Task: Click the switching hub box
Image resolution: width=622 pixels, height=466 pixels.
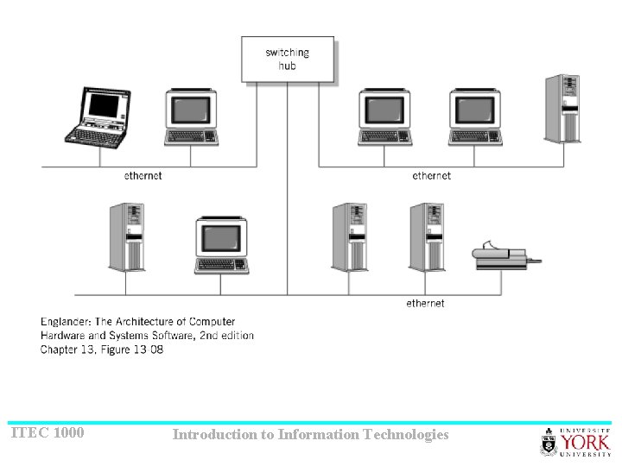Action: click(x=287, y=59)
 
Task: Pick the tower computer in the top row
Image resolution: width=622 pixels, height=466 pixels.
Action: click(x=562, y=109)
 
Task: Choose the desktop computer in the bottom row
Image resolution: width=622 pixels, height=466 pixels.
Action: click(x=221, y=245)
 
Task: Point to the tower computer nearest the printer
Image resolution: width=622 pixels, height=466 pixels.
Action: click(x=427, y=237)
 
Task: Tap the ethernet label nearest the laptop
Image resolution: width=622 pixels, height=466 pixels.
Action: click(x=143, y=176)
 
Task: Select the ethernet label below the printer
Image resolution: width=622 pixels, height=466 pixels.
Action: click(x=425, y=303)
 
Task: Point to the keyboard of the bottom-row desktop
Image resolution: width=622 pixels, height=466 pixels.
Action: click(x=221, y=265)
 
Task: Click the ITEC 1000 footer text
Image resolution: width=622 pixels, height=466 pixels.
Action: click(x=48, y=432)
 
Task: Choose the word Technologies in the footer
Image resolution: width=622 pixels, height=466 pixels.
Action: click(x=406, y=434)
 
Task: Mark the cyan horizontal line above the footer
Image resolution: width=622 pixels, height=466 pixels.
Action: click(x=311, y=423)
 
